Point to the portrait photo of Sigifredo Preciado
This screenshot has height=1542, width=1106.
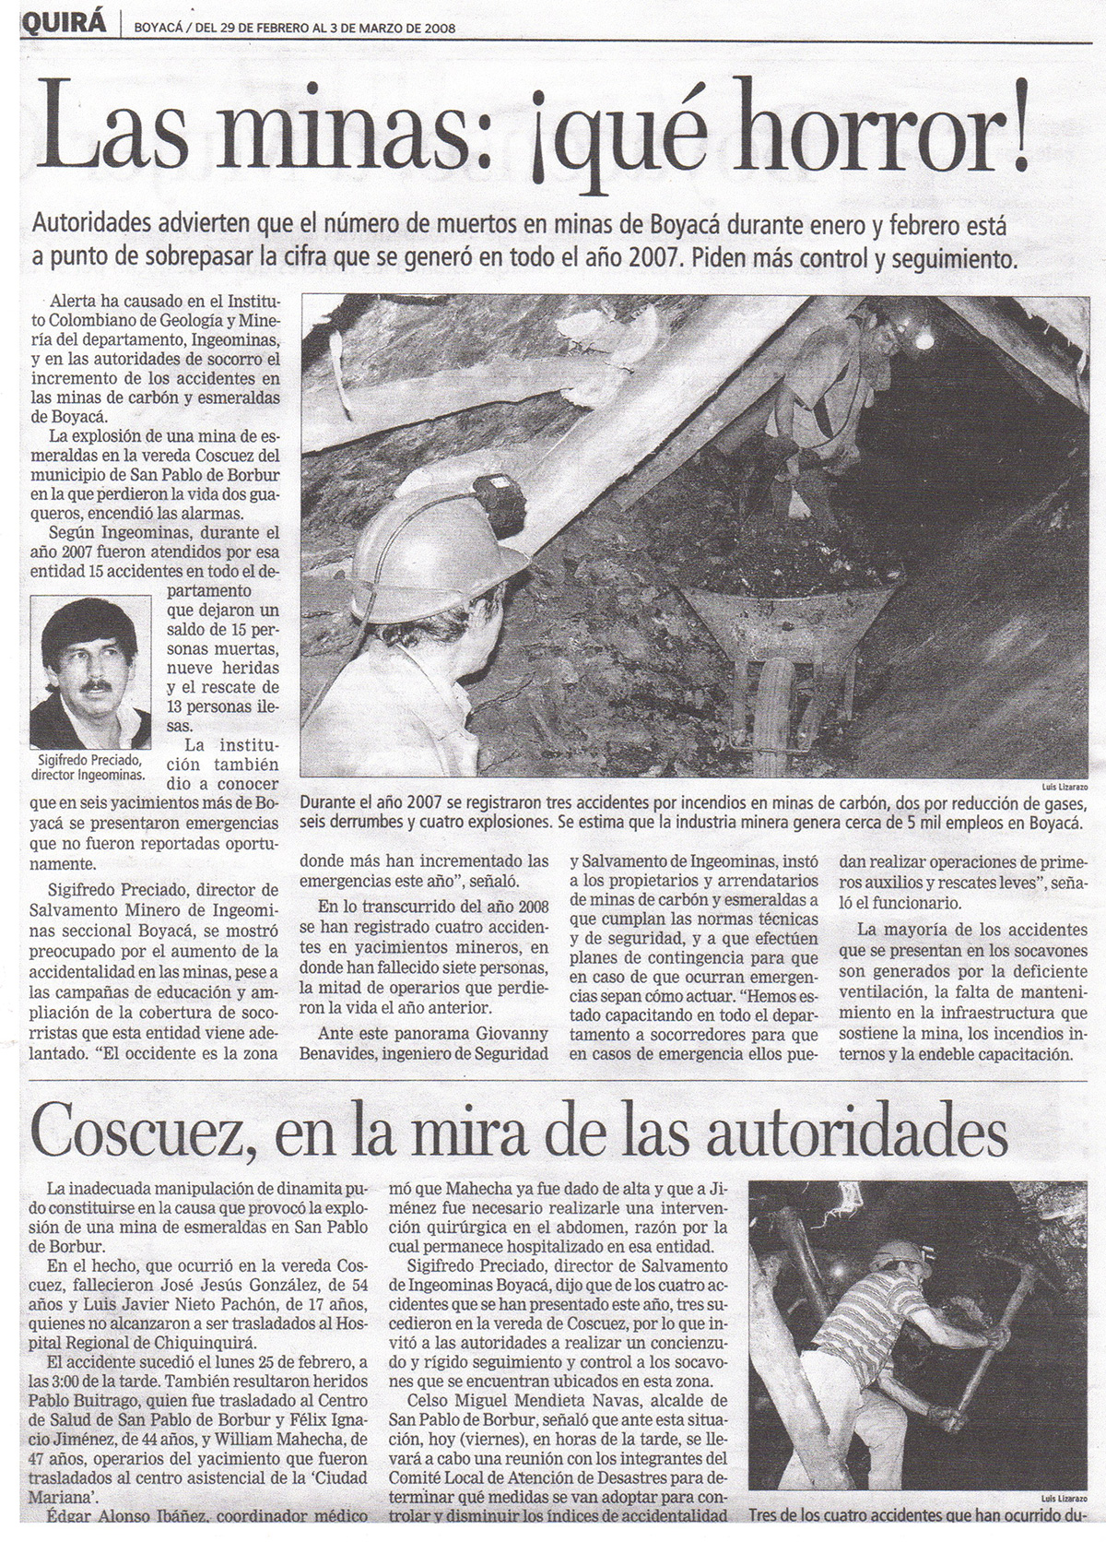pos(90,671)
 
